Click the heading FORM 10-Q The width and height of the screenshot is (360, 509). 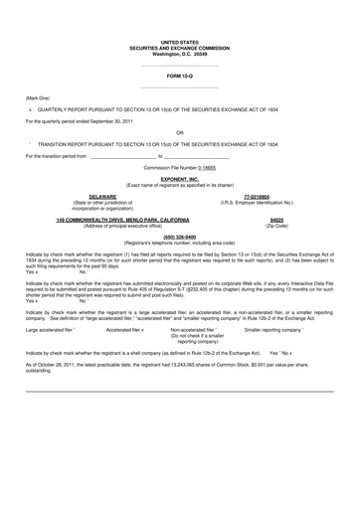[179, 76]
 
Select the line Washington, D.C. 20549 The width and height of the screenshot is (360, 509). [179, 53]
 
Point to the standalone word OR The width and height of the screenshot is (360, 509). [179, 132]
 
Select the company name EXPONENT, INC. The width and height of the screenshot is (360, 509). [180, 180]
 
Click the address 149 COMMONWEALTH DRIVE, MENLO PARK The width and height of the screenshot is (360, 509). [108, 218]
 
